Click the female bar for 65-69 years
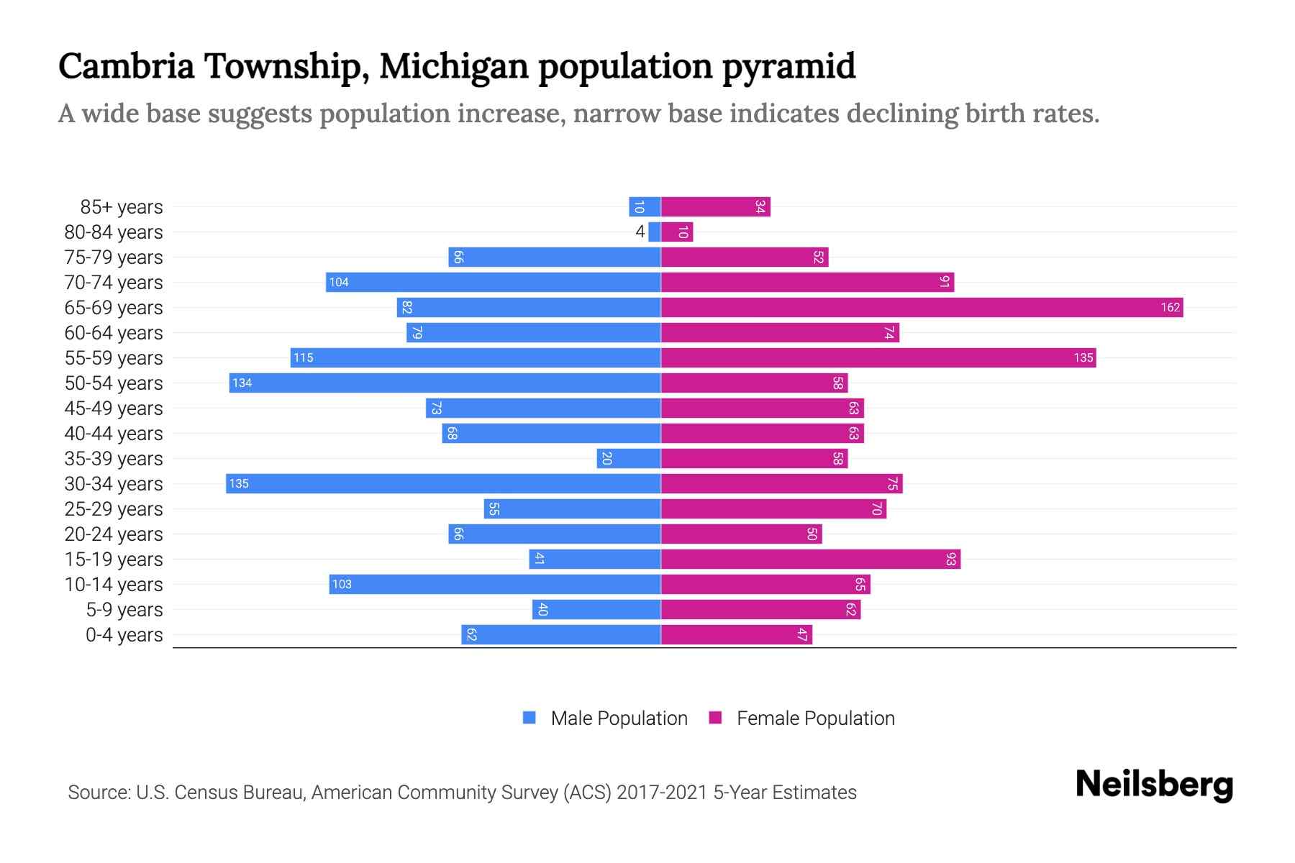click(921, 308)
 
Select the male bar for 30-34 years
click(443, 484)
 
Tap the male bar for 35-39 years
click(629, 459)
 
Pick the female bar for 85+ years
click(715, 207)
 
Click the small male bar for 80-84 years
click(655, 232)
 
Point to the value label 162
click(1170, 308)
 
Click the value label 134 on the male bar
click(242, 383)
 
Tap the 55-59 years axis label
click(114, 358)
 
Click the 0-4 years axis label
click(124, 635)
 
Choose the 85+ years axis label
click(121, 207)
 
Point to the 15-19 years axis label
click(114, 560)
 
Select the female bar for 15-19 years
click(810, 560)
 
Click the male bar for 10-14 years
click(495, 585)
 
